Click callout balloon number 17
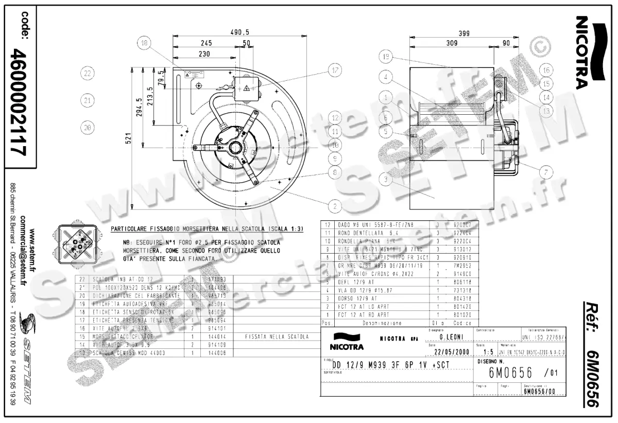[x=335, y=70]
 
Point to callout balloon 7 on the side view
[x=546, y=171]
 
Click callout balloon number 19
[x=388, y=56]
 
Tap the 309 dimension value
[x=452, y=44]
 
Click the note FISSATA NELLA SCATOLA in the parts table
[x=278, y=337]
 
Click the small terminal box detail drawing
[x=75, y=242]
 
